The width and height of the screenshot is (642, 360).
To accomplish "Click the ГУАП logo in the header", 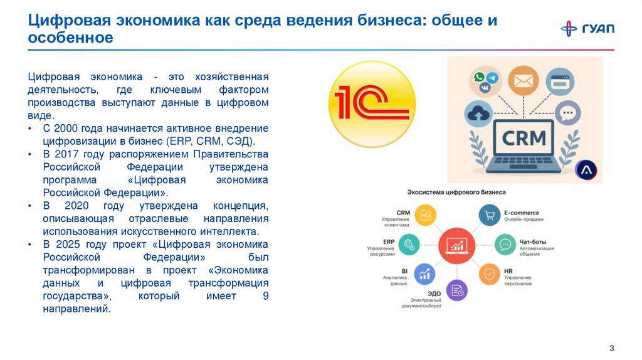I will tap(587, 28).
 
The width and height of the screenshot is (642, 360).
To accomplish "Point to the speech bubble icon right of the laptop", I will tap(567, 114).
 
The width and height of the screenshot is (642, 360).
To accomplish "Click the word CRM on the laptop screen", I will tap(524, 137).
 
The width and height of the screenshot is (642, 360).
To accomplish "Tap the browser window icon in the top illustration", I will tap(559, 82).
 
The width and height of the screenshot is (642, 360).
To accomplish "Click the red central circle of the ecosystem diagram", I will tap(456, 245).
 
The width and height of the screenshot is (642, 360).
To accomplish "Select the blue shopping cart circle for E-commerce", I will tap(490, 216).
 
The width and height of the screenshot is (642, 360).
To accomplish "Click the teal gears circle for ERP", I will tap(410, 244).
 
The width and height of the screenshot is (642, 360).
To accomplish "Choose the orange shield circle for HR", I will tap(489, 274).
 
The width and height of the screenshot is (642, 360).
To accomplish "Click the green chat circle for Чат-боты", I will tap(505, 244).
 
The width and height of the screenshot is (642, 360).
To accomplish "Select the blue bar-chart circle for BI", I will tap(425, 273).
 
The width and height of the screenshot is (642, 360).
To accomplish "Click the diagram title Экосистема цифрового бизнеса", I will tap(456, 192).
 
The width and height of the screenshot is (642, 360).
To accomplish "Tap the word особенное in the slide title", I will tap(70, 38).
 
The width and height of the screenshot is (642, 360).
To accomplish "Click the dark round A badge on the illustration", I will tap(588, 169).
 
